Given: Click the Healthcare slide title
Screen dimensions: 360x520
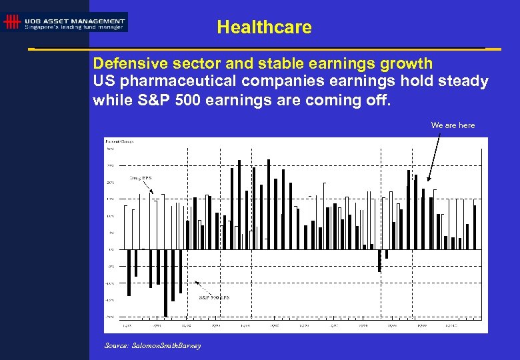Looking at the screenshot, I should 264,27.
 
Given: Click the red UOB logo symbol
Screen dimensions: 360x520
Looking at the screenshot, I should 11,23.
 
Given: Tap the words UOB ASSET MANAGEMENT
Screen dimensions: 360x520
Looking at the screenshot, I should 75,21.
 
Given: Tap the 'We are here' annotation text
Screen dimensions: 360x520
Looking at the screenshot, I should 453,125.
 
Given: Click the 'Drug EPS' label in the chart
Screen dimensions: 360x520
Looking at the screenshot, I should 141,178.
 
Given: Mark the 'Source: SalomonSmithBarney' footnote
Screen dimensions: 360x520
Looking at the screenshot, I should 153,345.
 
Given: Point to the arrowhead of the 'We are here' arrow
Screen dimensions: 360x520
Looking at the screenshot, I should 429,180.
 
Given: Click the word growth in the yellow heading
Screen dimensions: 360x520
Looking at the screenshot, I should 408,64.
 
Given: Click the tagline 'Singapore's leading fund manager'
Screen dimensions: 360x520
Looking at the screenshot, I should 75,27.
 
